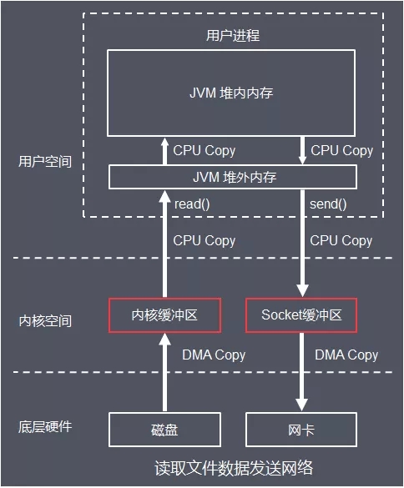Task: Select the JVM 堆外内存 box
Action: pos(232,177)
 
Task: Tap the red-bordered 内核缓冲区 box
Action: pos(164,314)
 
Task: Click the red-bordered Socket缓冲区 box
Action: pos(301,314)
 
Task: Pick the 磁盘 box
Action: pos(164,430)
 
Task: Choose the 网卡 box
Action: pos(301,430)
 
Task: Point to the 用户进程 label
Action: pos(232,35)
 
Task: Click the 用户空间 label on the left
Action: pos(45,162)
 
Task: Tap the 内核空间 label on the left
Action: pos(45,320)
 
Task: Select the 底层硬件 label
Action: pos(45,427)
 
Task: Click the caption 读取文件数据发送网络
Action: pos(234,466)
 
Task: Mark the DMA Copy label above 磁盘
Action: pos(214,355)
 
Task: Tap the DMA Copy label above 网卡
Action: pos(346,355)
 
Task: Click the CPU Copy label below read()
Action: pos(204,240)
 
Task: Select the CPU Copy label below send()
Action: pos(341,240)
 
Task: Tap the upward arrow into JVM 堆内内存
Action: pos(164,151)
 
